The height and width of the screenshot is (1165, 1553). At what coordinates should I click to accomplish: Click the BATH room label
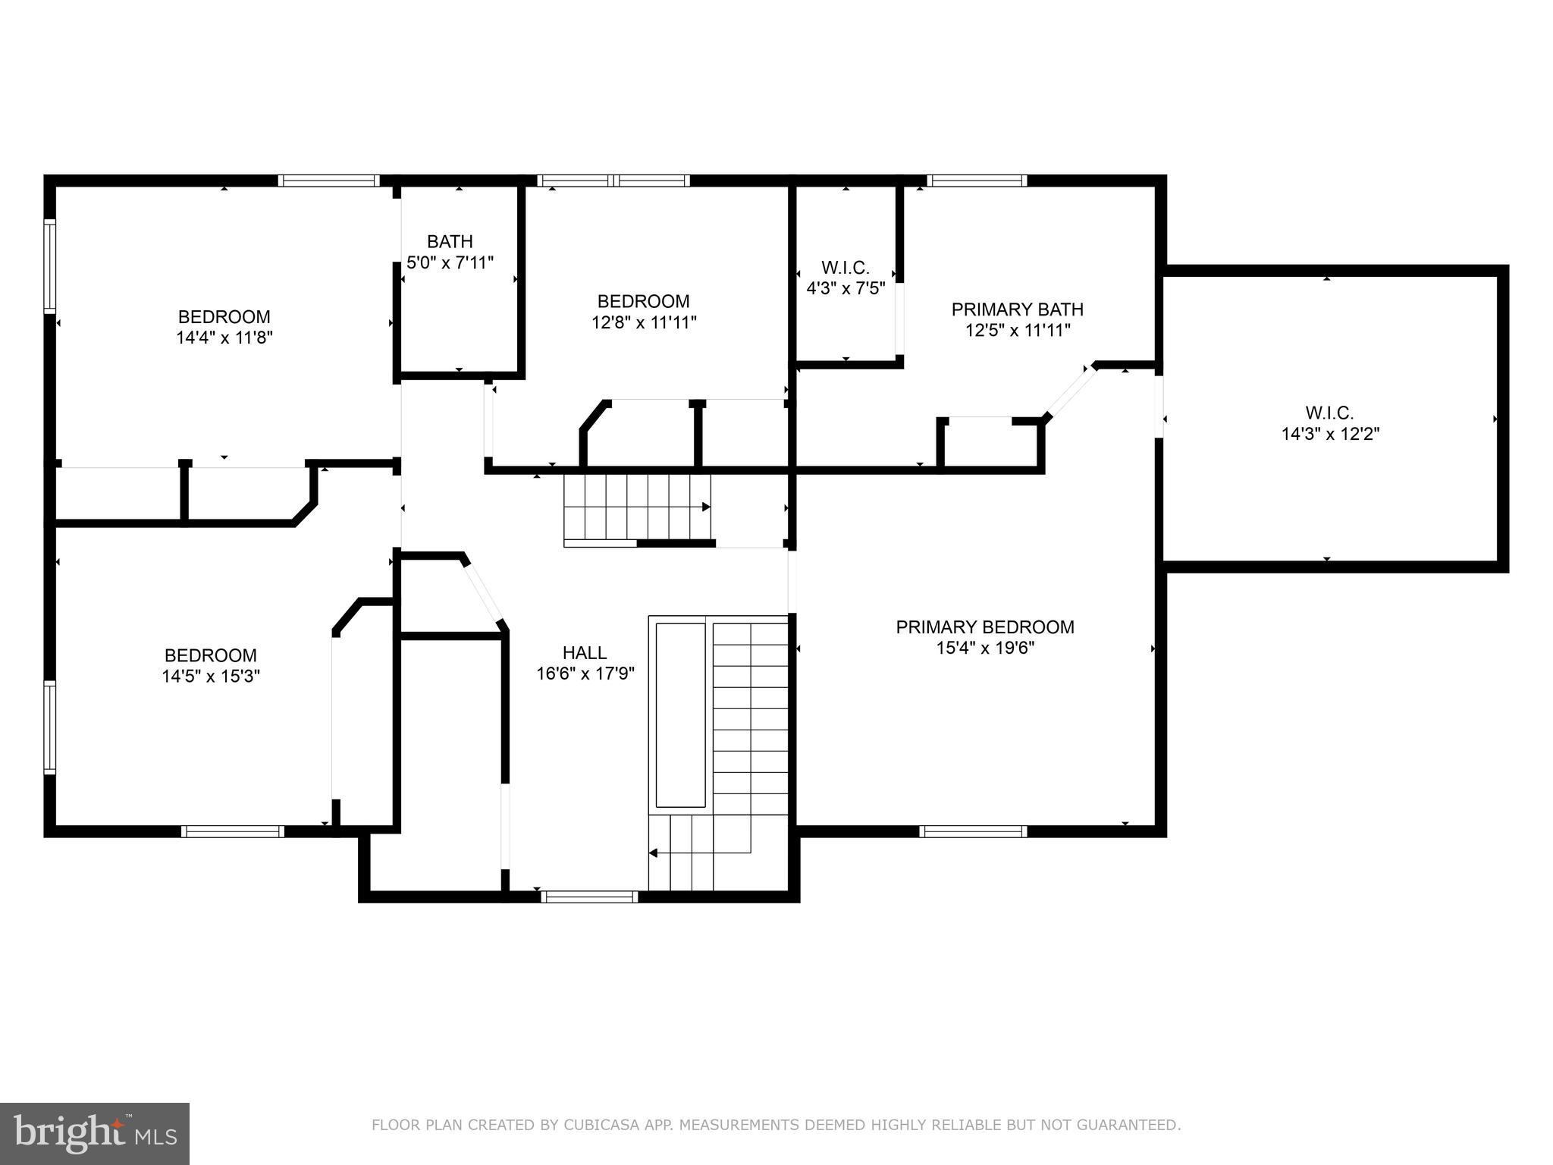450,242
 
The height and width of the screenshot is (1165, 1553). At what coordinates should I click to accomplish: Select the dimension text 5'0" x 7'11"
450,263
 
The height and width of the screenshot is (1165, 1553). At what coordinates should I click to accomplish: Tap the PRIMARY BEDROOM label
984,627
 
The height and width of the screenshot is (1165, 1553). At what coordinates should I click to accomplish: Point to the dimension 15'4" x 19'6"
984,648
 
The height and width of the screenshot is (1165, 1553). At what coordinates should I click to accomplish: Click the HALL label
584,653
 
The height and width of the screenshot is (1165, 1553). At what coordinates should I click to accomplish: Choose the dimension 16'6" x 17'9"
585,674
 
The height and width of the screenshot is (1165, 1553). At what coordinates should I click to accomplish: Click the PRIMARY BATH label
1017,309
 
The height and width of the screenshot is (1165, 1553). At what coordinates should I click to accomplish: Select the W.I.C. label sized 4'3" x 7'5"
845,268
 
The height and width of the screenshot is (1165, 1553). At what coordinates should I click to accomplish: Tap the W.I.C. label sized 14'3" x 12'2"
1329,413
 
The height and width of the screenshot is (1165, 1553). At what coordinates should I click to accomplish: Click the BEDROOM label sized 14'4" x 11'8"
224,317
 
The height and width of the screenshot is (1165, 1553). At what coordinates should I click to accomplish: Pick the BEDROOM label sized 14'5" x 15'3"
210,655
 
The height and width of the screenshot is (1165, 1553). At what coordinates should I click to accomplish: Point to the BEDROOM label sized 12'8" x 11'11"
643,302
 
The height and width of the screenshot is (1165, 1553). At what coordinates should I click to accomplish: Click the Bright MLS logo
94,1133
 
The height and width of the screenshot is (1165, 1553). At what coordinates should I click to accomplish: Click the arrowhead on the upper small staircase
706,507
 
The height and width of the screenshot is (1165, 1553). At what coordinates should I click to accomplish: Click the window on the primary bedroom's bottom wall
972,831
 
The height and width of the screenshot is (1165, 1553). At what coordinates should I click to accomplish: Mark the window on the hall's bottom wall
589,897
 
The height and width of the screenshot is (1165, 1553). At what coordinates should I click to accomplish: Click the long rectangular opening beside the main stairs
680,714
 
